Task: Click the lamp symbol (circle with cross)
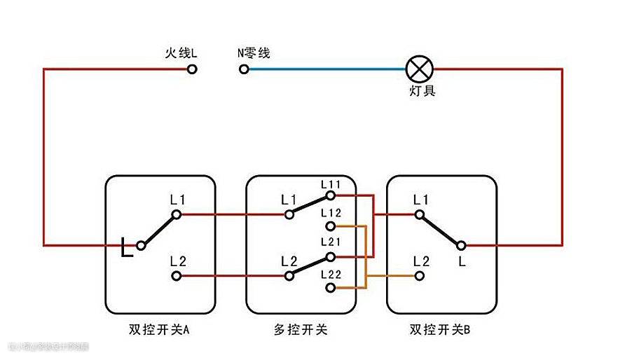[x=420, y=69]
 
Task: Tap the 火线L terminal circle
[x=192, y=69]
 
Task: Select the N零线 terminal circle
[x=244, y=69]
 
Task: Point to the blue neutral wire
[x=322, y=69]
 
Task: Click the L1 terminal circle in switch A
[x=177, y=214]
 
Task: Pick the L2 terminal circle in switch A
[x=177, y=276]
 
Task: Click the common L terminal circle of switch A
[x=141, y=245]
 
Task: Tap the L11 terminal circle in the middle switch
[x=330, y=197]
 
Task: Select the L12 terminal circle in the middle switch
[x=330, y=226]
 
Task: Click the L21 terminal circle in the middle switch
[x=330, y=256]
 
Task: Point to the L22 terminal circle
[x=330, y=287]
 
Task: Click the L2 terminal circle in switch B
[x=420, y=276]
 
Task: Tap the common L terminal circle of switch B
[x=461, y=245]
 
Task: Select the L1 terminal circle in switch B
[x=420, y=214]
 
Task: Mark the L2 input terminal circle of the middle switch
[x=289, y=276]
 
